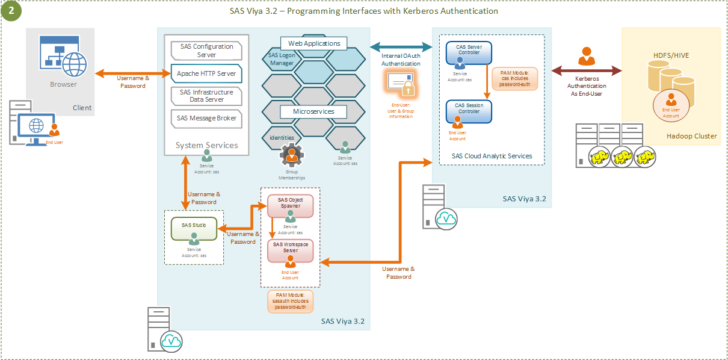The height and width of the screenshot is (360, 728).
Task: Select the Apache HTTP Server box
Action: pyautogui.click(x=206, y=73)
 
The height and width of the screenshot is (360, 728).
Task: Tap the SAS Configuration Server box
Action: pyautogui.click(x=206, y=51)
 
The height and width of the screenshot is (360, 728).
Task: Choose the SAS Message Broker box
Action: pyautogui.click(x=206, y=118)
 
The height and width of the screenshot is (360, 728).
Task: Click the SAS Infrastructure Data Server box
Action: pyautogui.click(x=206, y=96)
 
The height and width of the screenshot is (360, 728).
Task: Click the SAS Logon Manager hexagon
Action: pyautogui.click(x=282, y=59)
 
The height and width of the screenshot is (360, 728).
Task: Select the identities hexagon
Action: pyautogui.click(x=282, y=138)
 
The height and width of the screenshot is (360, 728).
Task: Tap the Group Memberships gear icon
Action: pyautogui.click(x=292, y=157)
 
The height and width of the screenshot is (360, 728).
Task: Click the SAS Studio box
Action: pyautogui.click(x=194, y=229)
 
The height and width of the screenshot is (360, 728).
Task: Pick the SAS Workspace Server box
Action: pyautogui.click(x=291, y=250)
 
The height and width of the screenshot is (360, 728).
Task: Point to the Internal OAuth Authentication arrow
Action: pyautogui.click(x=401, y=47)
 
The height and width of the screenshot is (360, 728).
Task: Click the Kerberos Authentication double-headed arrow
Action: pyautogui.click(x=587, y=71)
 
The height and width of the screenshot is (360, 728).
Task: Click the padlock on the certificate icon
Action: pyautogui.click(x=409, y=89)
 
